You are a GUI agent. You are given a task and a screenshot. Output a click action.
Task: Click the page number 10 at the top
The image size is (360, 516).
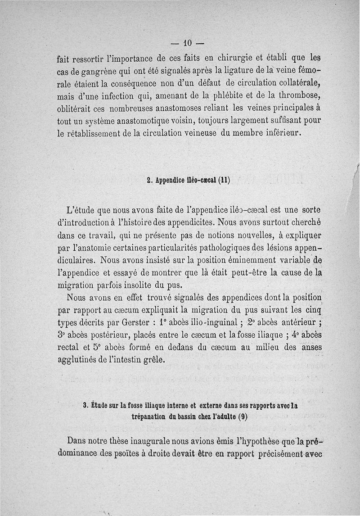click(188, 43)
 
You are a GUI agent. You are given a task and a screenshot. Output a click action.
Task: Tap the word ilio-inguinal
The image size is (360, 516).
click(213, 323)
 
